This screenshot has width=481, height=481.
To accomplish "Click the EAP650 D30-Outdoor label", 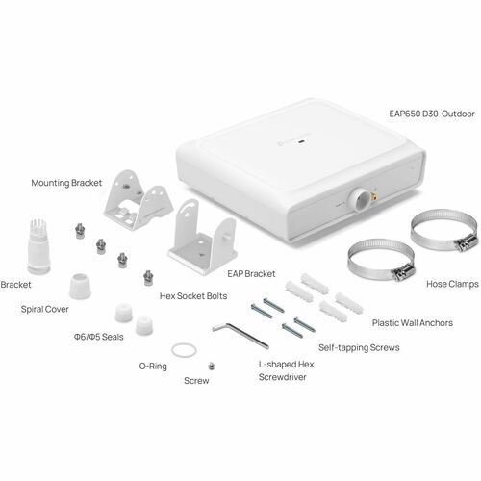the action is click(x=432, y=114).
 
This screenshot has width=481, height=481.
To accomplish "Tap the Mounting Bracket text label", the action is click(x=66, y=183).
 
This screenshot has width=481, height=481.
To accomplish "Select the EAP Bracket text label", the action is click(x=251, y=274).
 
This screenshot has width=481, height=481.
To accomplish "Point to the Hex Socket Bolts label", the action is click(x=193, y=296).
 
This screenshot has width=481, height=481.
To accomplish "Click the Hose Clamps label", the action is click(x=452, y=284).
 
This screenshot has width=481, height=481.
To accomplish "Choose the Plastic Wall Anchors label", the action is click(x=413, y=323).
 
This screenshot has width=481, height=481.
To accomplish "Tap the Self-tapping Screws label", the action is click(x=359, y=348).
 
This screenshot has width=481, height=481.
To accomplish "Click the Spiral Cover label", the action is click(x=44, y=310).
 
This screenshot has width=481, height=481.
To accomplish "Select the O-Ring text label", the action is click(x=153, y=367).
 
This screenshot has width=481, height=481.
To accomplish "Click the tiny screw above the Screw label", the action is click(x=211, y=366).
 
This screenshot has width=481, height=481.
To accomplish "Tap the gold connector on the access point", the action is click(x=374, y=195).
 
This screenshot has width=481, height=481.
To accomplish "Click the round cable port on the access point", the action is click(x=361, y=199).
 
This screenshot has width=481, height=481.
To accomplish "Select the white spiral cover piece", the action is click(x=80, y=286).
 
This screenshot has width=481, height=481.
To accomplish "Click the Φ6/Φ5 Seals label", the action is click(x=99, y=337).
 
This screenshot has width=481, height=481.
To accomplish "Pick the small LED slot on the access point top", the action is click(x=301, y=140).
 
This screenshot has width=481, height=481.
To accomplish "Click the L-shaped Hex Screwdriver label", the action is click(x=286, y=370).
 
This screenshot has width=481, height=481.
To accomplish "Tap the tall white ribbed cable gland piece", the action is click(x=38, y=246).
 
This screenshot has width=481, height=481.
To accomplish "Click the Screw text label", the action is click(x=196, y=381).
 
